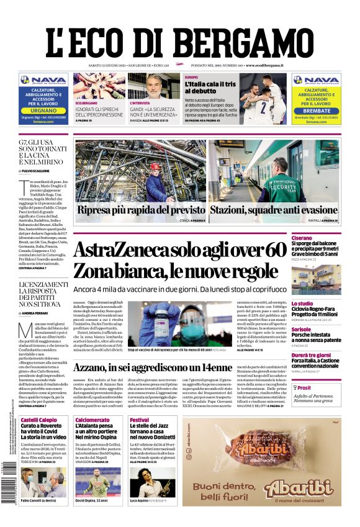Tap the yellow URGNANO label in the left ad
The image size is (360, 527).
[43, 110]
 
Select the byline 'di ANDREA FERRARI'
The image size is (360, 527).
[37, 314]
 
